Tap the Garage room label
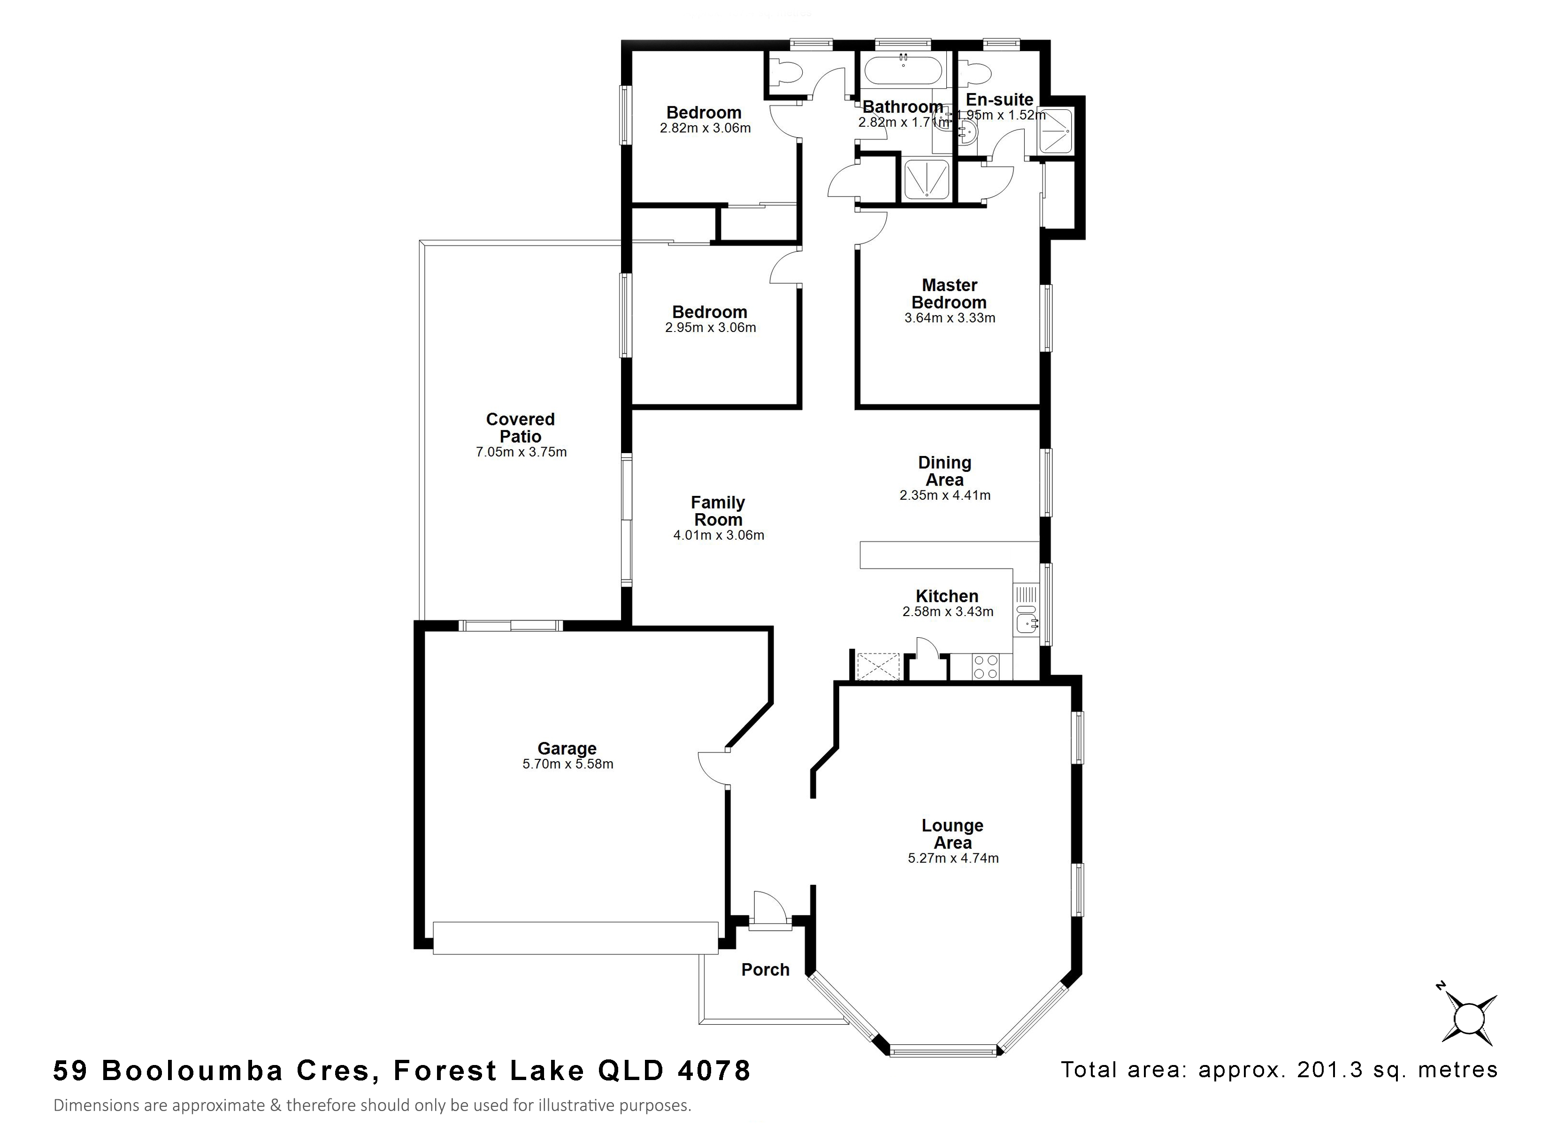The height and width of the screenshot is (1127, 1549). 567,749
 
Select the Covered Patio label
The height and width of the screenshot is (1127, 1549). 521,428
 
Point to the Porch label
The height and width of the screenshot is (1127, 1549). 765,970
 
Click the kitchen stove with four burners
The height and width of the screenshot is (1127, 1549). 985,666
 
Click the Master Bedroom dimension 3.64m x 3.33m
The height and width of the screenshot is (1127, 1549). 949,318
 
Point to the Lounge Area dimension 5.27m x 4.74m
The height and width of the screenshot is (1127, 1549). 953,858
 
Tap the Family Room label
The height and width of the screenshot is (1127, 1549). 718,511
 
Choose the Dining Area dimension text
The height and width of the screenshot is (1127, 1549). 944,495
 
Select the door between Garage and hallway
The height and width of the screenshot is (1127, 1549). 714,768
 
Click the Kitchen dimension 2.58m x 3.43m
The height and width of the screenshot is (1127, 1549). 947,612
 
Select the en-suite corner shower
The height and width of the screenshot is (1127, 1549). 1057,130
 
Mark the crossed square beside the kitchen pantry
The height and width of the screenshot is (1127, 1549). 878,666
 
